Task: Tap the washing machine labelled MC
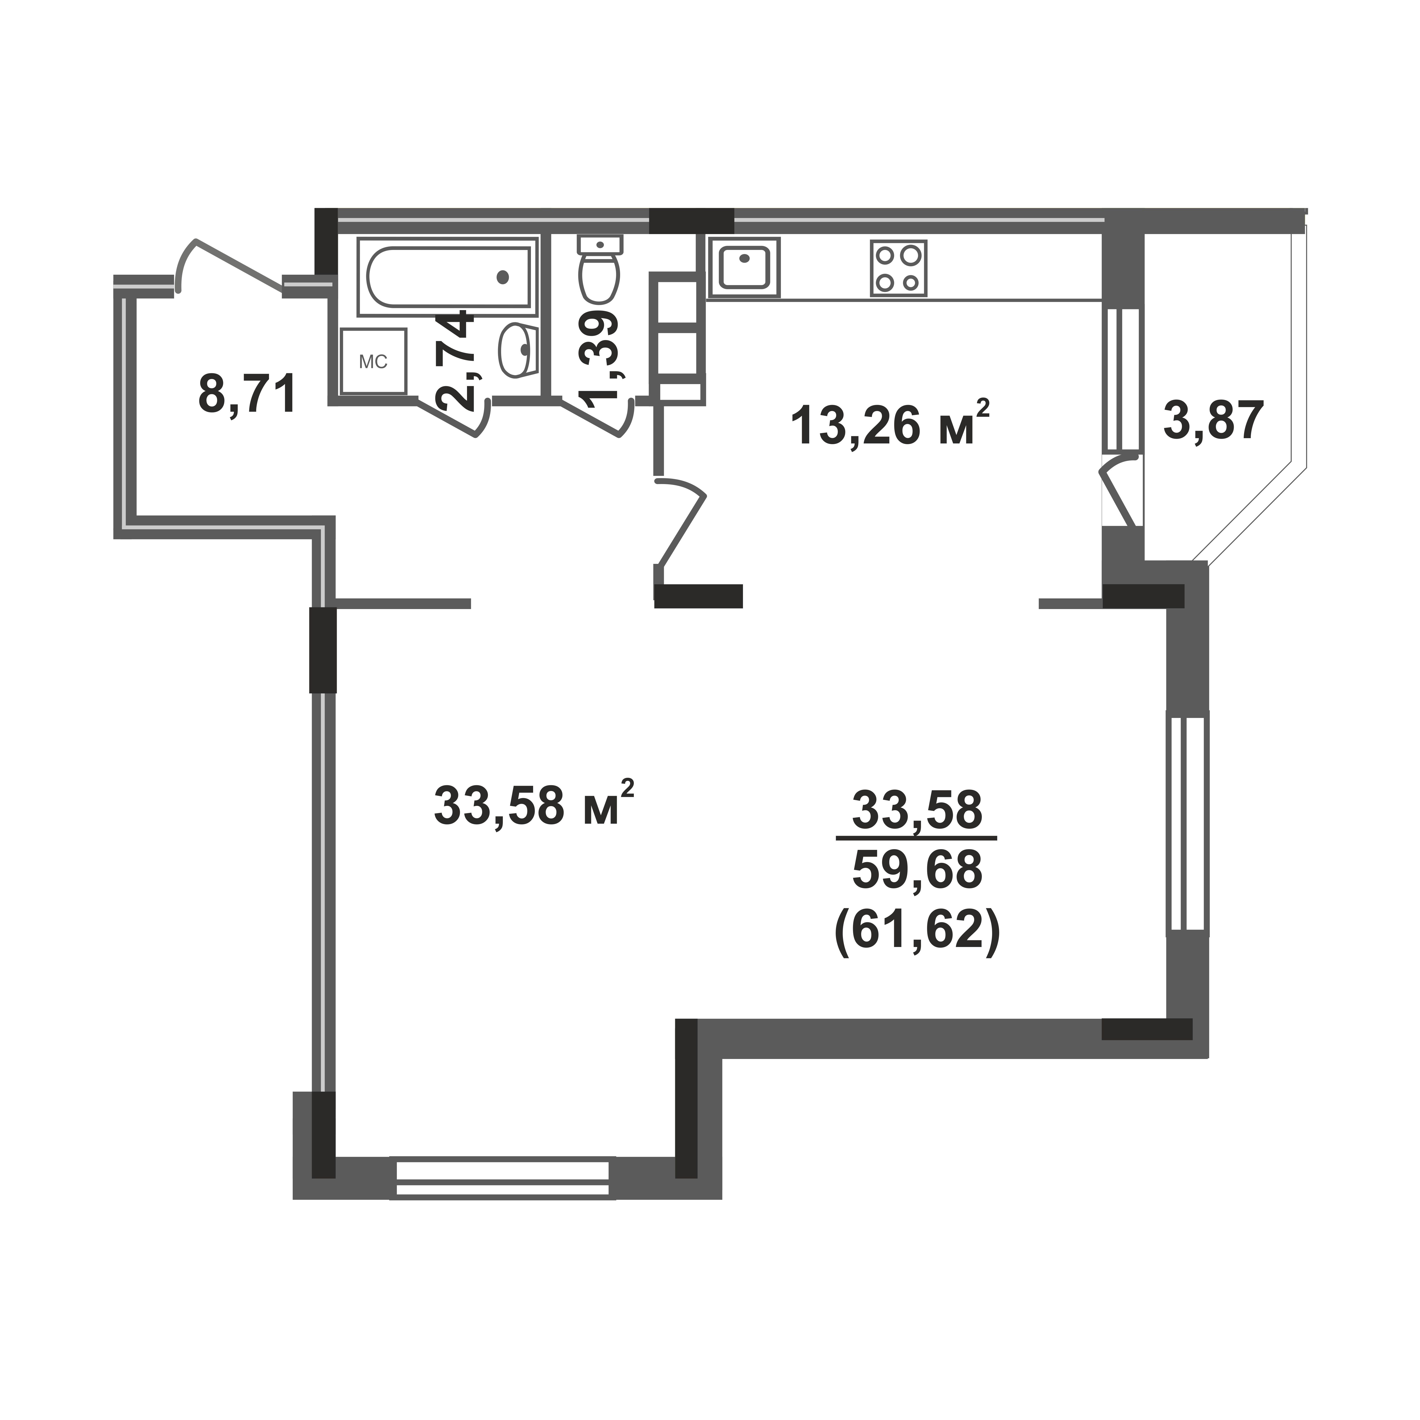(373, 361)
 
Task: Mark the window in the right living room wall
(1188, 823)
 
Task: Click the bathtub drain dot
(503, 277)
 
